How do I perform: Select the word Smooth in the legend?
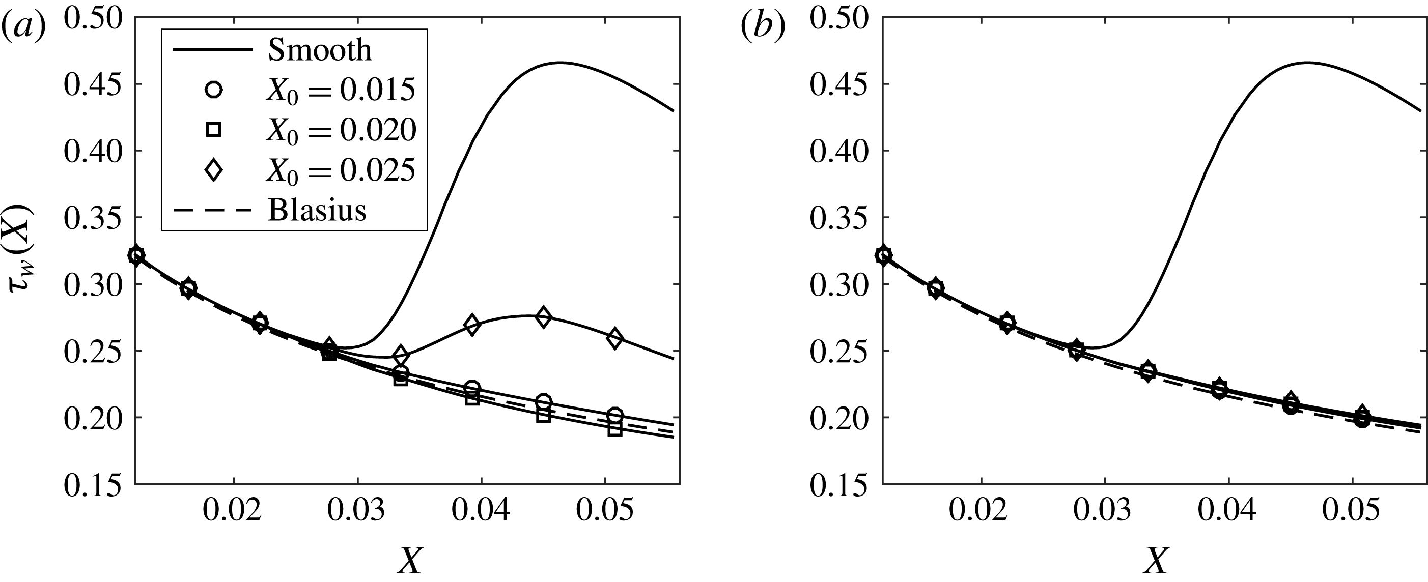click(x=319, y=50)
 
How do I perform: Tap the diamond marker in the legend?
click(x=213, y=170)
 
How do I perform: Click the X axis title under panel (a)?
click(x=410, y=561)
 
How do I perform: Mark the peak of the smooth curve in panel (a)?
click(x=560, y=63)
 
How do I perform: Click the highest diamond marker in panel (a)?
click(x=543, y=317)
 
